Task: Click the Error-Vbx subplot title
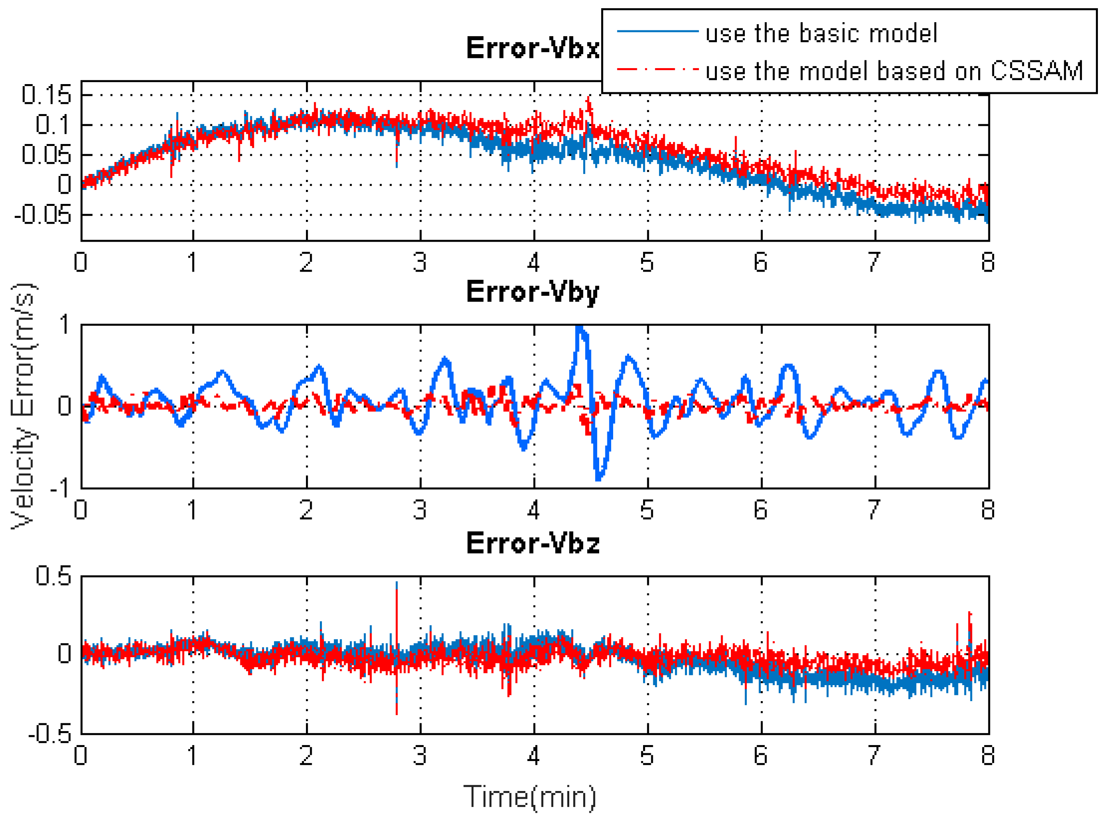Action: pos(532,48)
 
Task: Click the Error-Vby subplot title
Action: pos(532,292)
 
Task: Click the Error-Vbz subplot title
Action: pos(532,543)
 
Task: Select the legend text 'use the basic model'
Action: pos(821,33)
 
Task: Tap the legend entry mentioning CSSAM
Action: pos(894,71)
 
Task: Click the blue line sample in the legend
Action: pos(657,31)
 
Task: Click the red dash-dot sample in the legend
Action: pos(657,69)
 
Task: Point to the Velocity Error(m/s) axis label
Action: pos(23,406)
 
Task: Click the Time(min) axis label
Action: pos(529,797)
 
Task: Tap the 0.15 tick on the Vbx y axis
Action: pos(47,95)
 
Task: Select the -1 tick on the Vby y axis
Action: pos(61,487)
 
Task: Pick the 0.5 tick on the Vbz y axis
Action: pos(53,576)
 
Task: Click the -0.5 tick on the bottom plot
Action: pos(50,733)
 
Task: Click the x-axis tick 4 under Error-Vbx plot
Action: pos(533,262)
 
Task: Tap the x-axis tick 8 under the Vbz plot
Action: pos(988,755)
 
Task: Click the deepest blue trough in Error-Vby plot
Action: pos(598,478)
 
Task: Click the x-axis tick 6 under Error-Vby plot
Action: pos(760,510)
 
